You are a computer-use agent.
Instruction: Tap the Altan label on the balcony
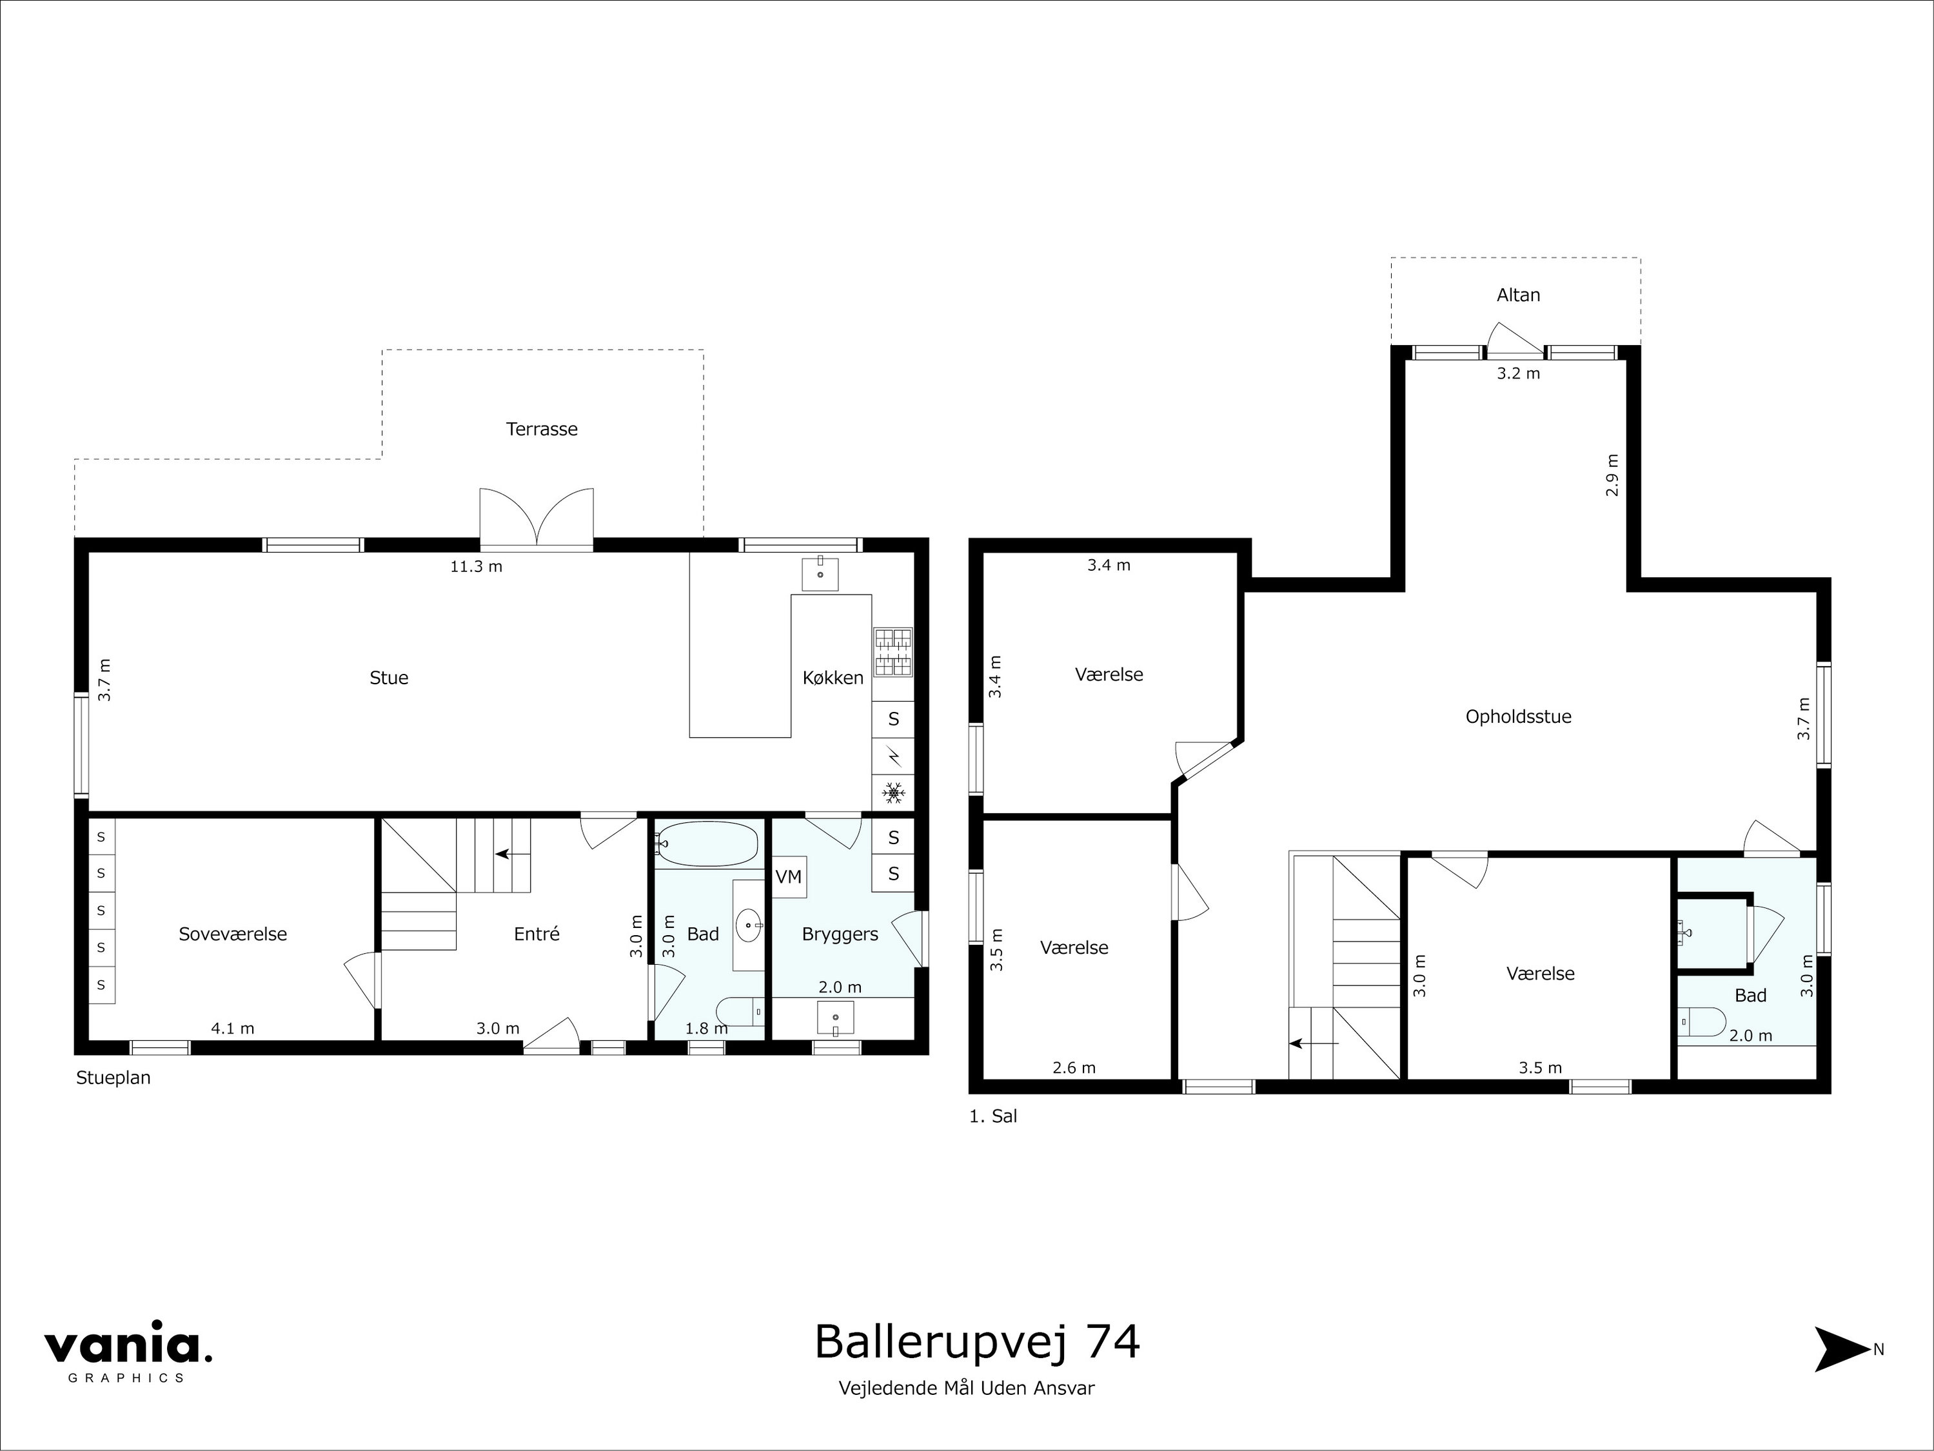1518,295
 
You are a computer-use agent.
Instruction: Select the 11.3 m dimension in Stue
476,566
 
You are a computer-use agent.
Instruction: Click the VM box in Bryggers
789,876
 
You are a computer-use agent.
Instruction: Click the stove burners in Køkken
893,653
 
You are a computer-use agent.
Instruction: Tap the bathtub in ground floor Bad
706,844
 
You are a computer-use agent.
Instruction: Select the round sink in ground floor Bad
749,925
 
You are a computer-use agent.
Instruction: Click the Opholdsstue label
1518,716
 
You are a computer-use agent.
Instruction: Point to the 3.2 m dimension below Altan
1518,374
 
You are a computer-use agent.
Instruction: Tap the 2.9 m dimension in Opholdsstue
1612,475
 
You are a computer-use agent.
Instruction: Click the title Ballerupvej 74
976,1343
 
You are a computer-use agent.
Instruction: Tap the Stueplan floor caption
113,1078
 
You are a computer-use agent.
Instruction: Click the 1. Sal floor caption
993,1116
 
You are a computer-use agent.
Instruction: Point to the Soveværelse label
233,934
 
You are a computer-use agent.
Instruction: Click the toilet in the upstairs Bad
1701,1022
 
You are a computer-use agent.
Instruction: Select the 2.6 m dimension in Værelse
1074,1067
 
